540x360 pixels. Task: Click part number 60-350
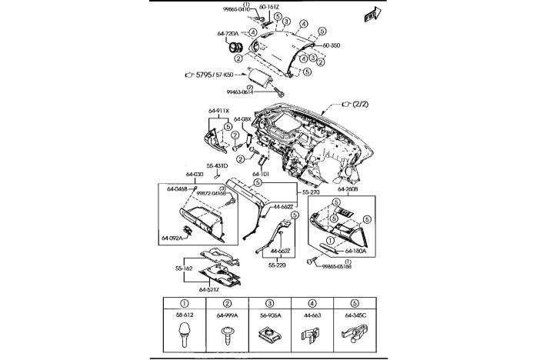(x=332, y=46)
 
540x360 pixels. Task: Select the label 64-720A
(x=227, y=33)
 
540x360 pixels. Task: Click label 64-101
(x=262, y=174)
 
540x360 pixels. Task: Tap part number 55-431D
(x=217, y=165)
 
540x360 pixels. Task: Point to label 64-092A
(x=172, y=238)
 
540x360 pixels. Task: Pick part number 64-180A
(x=355, y=251)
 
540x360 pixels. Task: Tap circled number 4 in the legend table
(x=313, y=304)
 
